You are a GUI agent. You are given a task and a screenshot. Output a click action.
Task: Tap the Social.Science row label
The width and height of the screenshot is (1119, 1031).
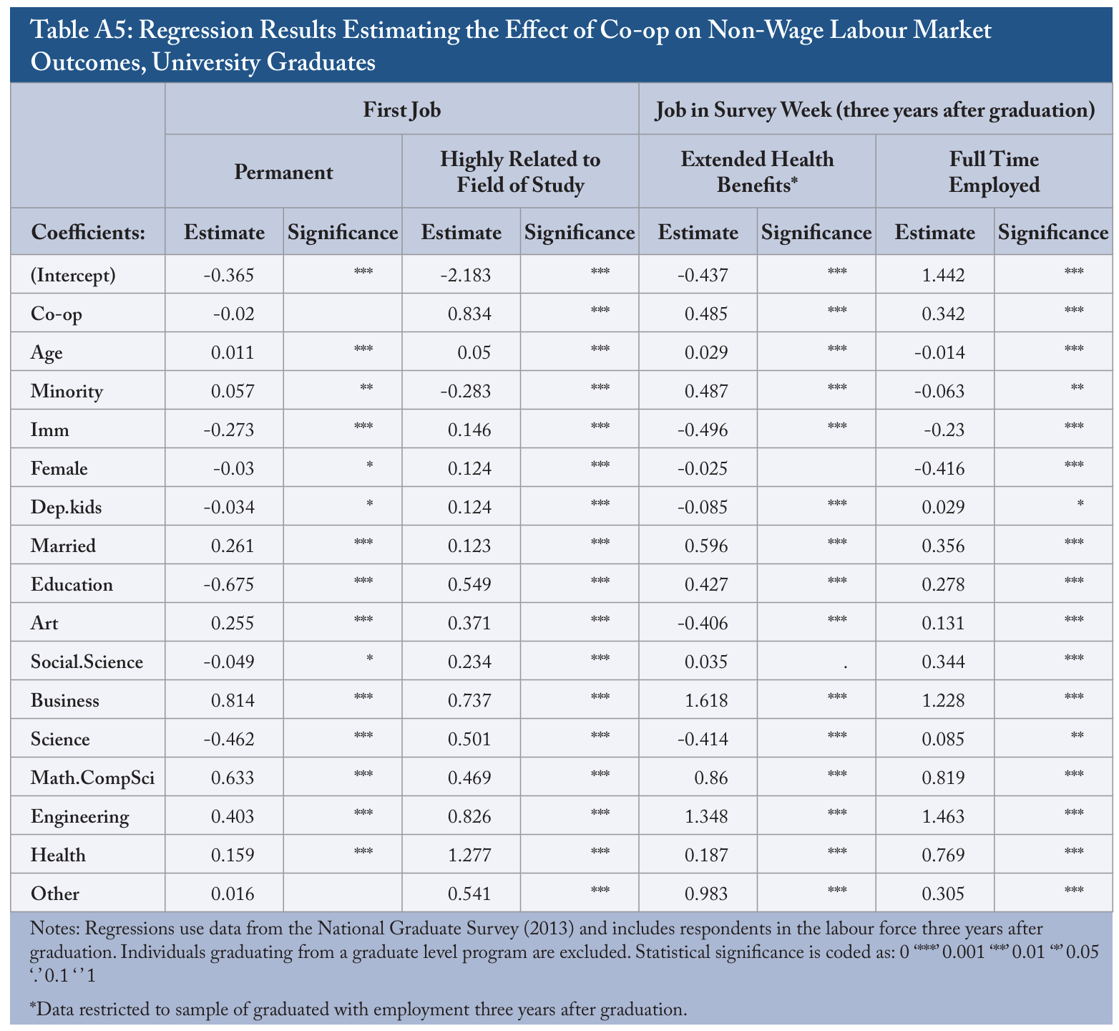click(87, 662)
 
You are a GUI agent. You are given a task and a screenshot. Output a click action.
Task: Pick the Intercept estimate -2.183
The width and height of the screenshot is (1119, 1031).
click(466, 276)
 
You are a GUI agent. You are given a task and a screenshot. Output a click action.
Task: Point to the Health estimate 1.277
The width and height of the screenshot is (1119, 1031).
click(471, 856)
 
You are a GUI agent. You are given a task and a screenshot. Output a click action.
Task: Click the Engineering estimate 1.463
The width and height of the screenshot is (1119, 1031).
click(944, 817)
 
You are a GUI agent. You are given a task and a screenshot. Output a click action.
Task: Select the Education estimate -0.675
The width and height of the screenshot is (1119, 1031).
click(229, 585)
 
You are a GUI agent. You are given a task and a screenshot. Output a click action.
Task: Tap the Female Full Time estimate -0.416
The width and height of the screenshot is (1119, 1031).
click(940, 469)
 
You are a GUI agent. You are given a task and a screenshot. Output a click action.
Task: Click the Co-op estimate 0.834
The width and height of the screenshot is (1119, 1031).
click(471, 314)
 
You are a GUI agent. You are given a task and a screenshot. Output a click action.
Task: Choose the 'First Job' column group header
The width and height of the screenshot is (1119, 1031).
click(401, 110)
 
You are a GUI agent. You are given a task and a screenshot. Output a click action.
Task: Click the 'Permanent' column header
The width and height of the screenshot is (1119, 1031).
click(283, 173)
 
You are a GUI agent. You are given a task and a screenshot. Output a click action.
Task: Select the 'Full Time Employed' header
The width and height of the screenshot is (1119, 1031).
click(994, 172)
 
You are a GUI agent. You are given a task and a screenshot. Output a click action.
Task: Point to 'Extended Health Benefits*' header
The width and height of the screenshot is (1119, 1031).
click(757, 172)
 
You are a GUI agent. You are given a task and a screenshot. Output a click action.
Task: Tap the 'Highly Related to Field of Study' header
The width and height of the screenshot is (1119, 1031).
click(520, 172)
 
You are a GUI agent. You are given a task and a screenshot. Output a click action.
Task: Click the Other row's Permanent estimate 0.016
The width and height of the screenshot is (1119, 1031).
click(233, 894)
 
